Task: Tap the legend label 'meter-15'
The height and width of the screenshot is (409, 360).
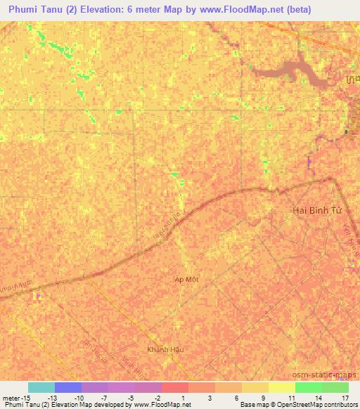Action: pos(16,397)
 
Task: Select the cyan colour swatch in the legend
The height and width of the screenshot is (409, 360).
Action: pos(41,387)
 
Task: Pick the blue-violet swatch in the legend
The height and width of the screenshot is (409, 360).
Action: pos(67,387)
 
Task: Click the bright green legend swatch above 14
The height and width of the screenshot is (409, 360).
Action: pos(309,387)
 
